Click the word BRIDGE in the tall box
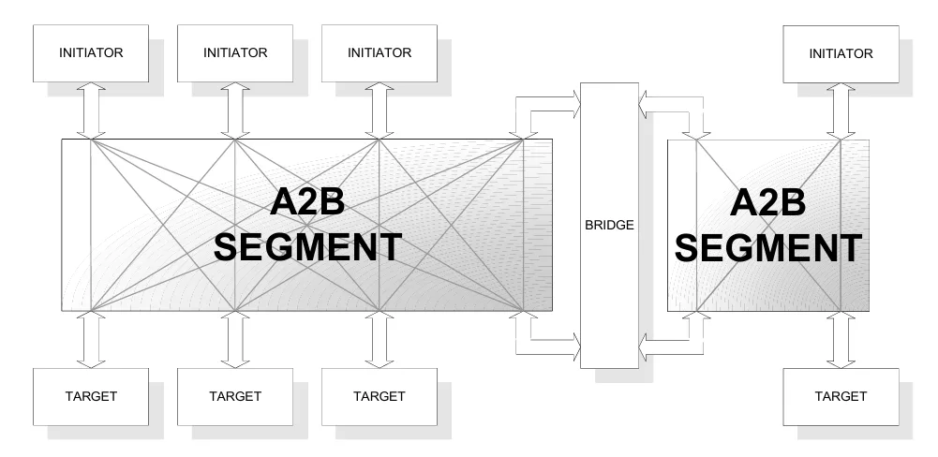(609, 225)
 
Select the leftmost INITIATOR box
(91, 53)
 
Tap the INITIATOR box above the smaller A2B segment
(841, 53)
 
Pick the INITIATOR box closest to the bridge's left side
(379, 53)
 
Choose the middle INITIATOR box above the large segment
(235, 53)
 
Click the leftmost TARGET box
(91, 396)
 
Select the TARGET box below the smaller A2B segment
(841, 396)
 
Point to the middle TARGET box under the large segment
(235, 396)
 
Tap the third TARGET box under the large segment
(379, 396)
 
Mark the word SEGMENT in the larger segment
(308, 247)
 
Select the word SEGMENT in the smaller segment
(768, 247)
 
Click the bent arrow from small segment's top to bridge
(670, 106)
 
